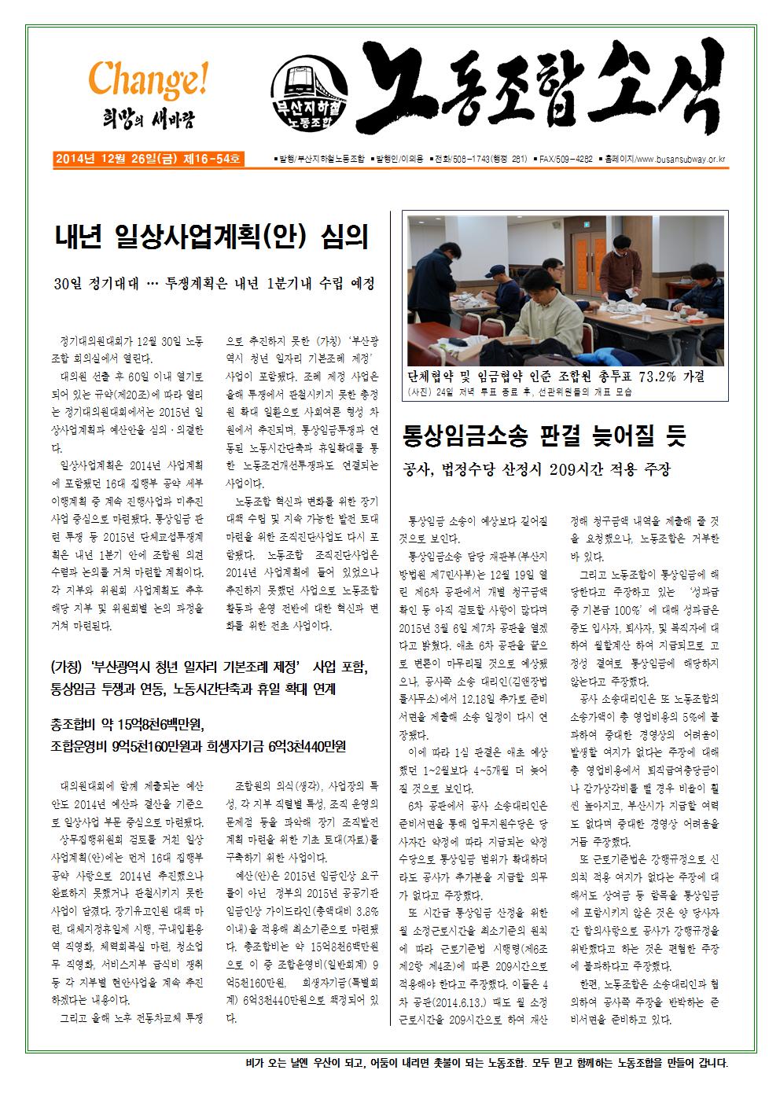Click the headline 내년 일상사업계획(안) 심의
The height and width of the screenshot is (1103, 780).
(212, 237)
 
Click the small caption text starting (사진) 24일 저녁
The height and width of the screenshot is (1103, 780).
(518, 392)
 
